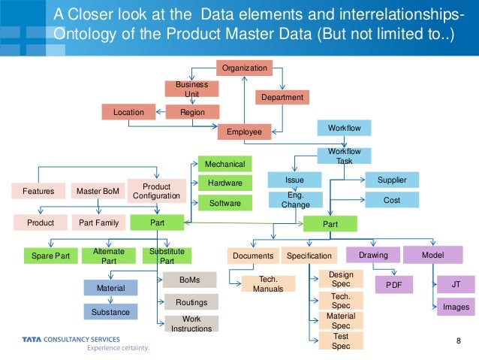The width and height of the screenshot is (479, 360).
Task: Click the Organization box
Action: [x=244, y=68]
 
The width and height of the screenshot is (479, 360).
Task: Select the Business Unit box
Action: [x=191, y=89]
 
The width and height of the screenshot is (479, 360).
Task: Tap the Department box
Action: [x=282, y=98]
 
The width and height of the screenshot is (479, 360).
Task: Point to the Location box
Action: [x=128, y=112]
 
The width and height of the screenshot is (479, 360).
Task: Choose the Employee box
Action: [x=244, y=132]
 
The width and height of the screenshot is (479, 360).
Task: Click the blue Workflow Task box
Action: [x=344, y=156]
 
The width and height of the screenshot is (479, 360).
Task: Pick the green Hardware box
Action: [x=224, y=183]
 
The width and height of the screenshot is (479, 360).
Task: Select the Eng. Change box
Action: [x=295, y=200]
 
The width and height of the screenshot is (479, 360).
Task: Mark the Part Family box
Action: [x=98, y=223]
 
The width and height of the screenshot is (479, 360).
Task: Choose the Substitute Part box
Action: [x=167, y=256]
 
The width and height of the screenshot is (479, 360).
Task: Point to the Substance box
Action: [x=110, y=312]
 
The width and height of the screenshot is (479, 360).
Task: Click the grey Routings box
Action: [x=191, y=302]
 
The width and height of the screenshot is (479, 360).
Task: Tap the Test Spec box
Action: [x=340, y=341]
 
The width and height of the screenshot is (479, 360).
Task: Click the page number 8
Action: [x=459, y=343]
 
